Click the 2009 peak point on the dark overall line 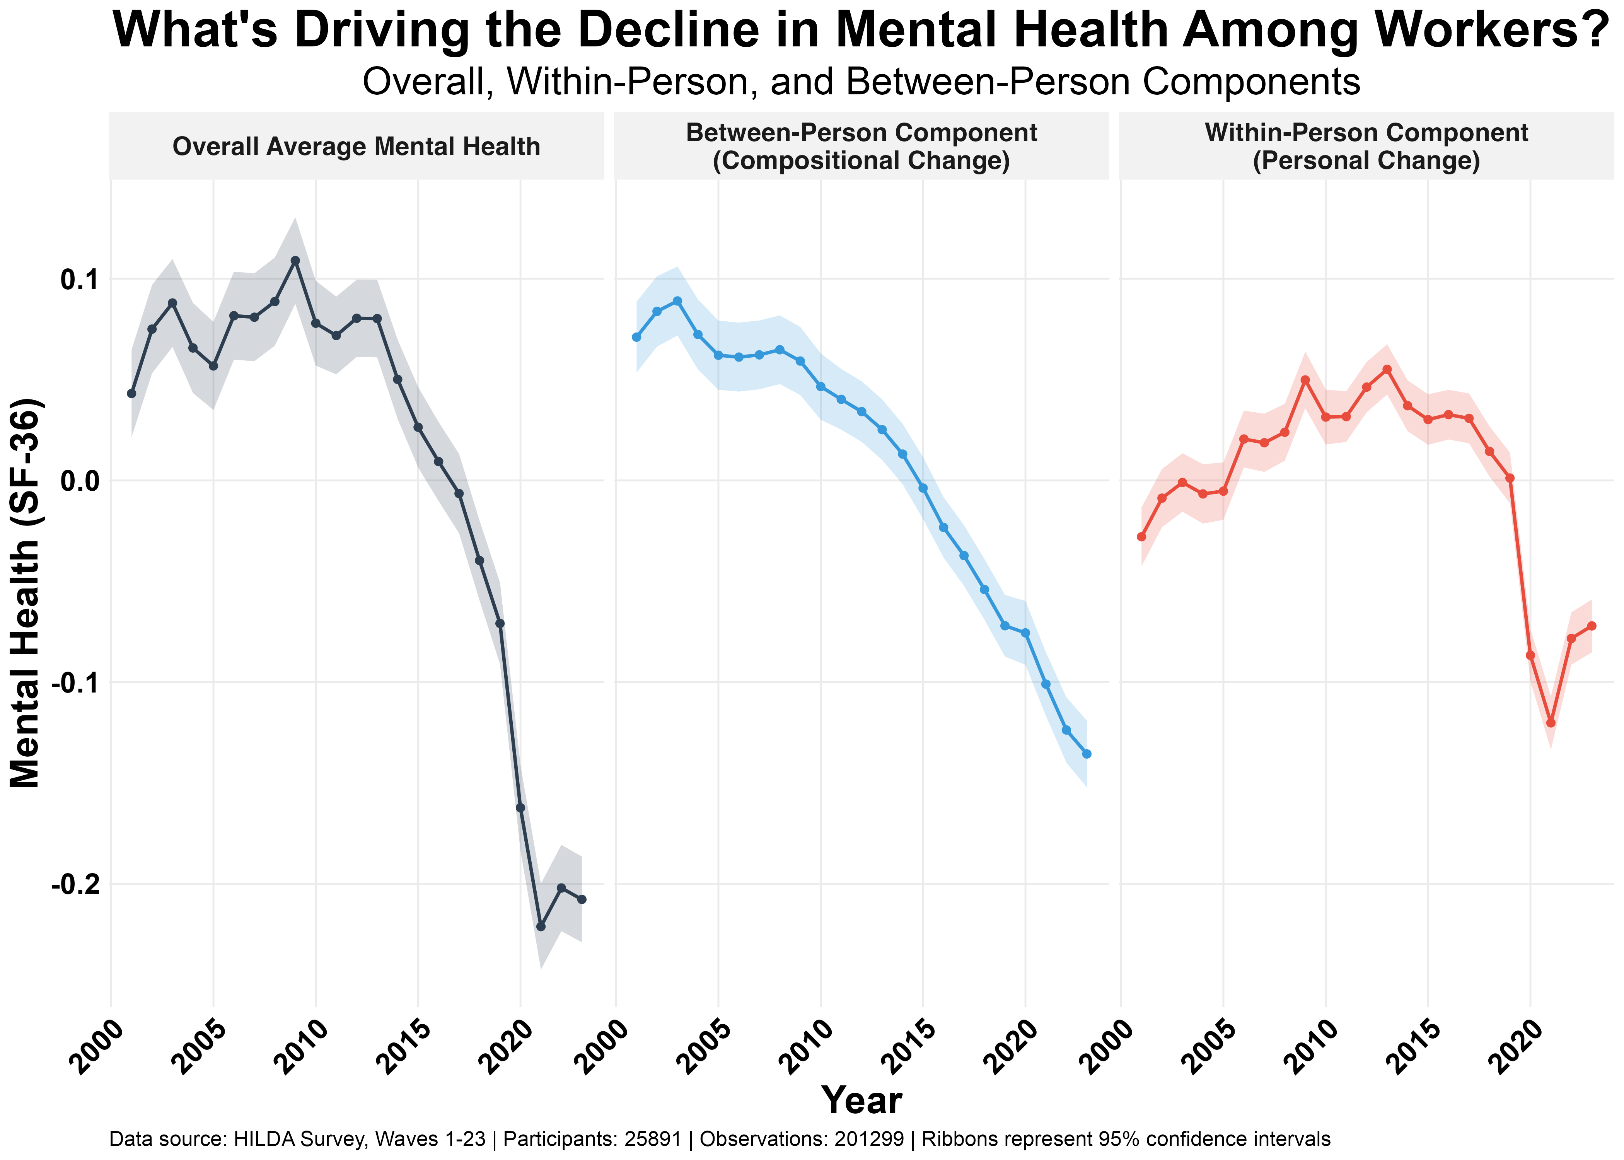[x=295, y=261]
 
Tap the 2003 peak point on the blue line [x=677, y=301]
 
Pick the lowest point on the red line [x=1551, y=723]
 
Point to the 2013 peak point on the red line [x=1387, y=369]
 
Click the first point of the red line [x=1141, y=536]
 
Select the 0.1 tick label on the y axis [x=78, y=279]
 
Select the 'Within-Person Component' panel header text [x=1366, y=133]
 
